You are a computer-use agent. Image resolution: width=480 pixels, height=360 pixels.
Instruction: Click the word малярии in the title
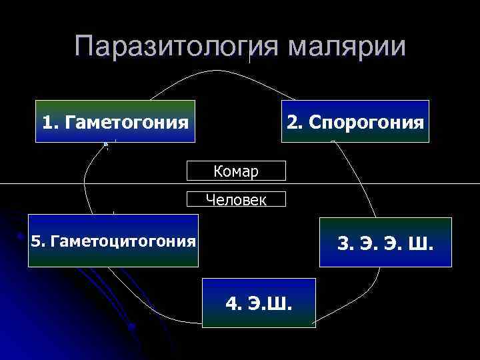pyautogui.click(x=347, y=46)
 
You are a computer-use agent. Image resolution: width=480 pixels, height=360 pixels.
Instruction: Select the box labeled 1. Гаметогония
pyautogui.click(x=115, y=121)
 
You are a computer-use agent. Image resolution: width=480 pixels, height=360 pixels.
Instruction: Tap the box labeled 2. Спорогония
pyautogui.click(x=355, y=121)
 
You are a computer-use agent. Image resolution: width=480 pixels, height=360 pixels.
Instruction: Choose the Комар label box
pyautogui.click(x=237, y=171)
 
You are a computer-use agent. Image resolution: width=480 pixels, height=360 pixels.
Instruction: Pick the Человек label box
pyautogui.click(x=237, y=199)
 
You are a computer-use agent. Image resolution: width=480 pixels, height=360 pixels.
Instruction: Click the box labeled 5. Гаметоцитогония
pyautogui.click(x=113, y=241)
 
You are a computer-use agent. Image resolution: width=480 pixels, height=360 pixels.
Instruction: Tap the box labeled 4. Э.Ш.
pyautogui.click(x=259, y=303)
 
